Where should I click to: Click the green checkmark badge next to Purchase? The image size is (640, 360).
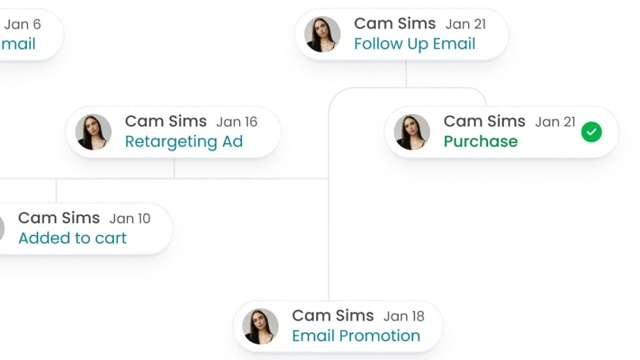click(x=591, y=132)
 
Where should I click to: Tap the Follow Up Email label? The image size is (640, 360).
click(x=414, y=44)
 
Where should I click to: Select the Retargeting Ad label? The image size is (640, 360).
click(x=183, y=141)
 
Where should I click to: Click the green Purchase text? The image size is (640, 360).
click(x=481, y=141)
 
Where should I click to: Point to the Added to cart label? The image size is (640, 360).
click(x=72, y=238)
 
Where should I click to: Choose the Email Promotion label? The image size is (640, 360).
click(x=356, y=336)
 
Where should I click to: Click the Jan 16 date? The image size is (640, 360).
click(x=237, y=122)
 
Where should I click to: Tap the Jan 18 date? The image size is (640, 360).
click(x=404, y=316)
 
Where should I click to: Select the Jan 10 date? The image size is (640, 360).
click(x=130, y=219)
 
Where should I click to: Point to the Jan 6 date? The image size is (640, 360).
click(x=22, y=25)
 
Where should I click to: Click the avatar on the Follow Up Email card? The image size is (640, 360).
click(x=322, y=34)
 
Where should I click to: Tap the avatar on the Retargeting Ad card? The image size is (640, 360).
click(x=93, y=132)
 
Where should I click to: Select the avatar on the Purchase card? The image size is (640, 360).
click(x=412, y=132)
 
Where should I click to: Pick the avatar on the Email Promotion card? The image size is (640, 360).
click(x=260, y=326)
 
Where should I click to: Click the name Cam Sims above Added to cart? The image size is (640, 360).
click(x=59, y=218)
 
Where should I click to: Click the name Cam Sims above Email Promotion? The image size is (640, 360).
click(x=332, y=316)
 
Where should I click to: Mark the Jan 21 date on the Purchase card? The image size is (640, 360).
click(x=555, y=122)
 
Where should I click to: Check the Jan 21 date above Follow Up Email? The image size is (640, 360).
click(x=466, y=24)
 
